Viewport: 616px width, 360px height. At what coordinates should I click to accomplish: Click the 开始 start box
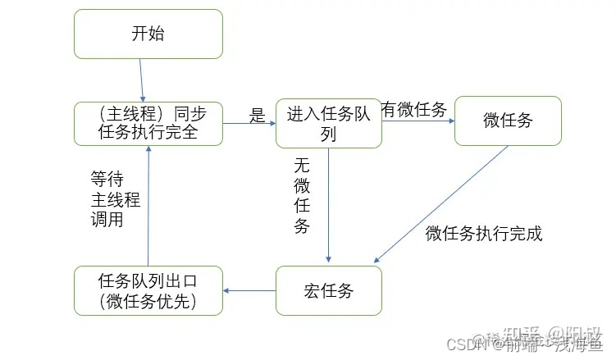(148, 34)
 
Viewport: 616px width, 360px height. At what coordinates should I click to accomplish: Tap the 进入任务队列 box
(328, 123)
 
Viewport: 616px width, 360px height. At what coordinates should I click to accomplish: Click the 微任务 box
(508, 121)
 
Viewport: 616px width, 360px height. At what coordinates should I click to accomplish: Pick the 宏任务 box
(328, 290)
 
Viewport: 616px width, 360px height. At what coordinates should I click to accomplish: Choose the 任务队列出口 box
(148, 290)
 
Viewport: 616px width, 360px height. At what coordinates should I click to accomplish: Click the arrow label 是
(258, 116)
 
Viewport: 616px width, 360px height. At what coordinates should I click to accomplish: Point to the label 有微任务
(414, 110)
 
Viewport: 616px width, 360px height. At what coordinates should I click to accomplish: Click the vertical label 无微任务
(302, 195)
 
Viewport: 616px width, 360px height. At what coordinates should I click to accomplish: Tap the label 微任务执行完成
(484, 234)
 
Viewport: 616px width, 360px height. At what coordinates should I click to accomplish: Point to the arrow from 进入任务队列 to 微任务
(418, 122)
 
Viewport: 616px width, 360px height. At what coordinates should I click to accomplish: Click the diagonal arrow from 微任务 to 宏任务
(443, 202)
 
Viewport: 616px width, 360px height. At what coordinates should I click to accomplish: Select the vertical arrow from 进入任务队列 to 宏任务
(328, 205)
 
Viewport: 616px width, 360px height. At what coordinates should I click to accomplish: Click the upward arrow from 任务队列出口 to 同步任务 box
(148, 205)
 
